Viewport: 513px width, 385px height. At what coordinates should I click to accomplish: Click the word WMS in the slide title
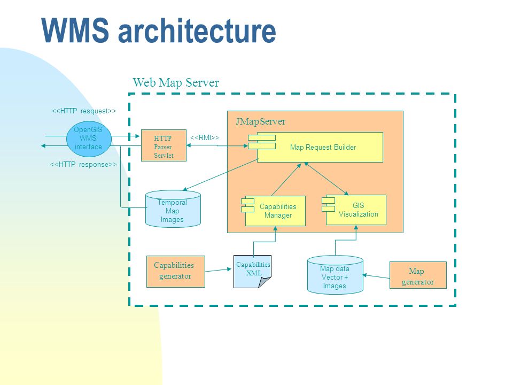pos(75,30)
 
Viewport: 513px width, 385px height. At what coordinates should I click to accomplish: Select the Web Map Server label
pos(176,82)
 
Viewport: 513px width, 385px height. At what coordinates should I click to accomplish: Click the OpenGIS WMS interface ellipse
pos(89,139)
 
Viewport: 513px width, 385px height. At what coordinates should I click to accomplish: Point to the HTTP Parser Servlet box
pos(164,145)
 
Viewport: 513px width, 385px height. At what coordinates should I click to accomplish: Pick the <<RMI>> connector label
pos(205,138)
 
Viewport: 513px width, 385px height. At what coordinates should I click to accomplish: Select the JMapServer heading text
pos(260,121)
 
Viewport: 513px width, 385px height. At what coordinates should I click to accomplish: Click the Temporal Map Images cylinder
pos(173,209)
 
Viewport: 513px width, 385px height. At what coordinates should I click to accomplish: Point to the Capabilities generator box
pos(176,272)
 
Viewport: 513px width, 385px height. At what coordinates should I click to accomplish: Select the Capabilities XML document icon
pos(252,272)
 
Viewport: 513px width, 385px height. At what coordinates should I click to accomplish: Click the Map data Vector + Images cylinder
pos(335,275)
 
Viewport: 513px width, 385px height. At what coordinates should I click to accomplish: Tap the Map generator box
pos(418,275)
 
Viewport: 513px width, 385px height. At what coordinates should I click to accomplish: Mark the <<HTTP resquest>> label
pos(84,111)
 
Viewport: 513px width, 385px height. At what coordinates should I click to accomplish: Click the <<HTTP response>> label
pos(83,164)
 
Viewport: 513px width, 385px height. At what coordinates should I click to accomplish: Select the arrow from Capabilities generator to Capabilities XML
pos(218,270)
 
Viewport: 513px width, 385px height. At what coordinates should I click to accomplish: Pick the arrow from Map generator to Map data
pos(376,276)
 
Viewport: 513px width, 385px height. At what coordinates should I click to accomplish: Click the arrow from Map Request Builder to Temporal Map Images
pos(221,174)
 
